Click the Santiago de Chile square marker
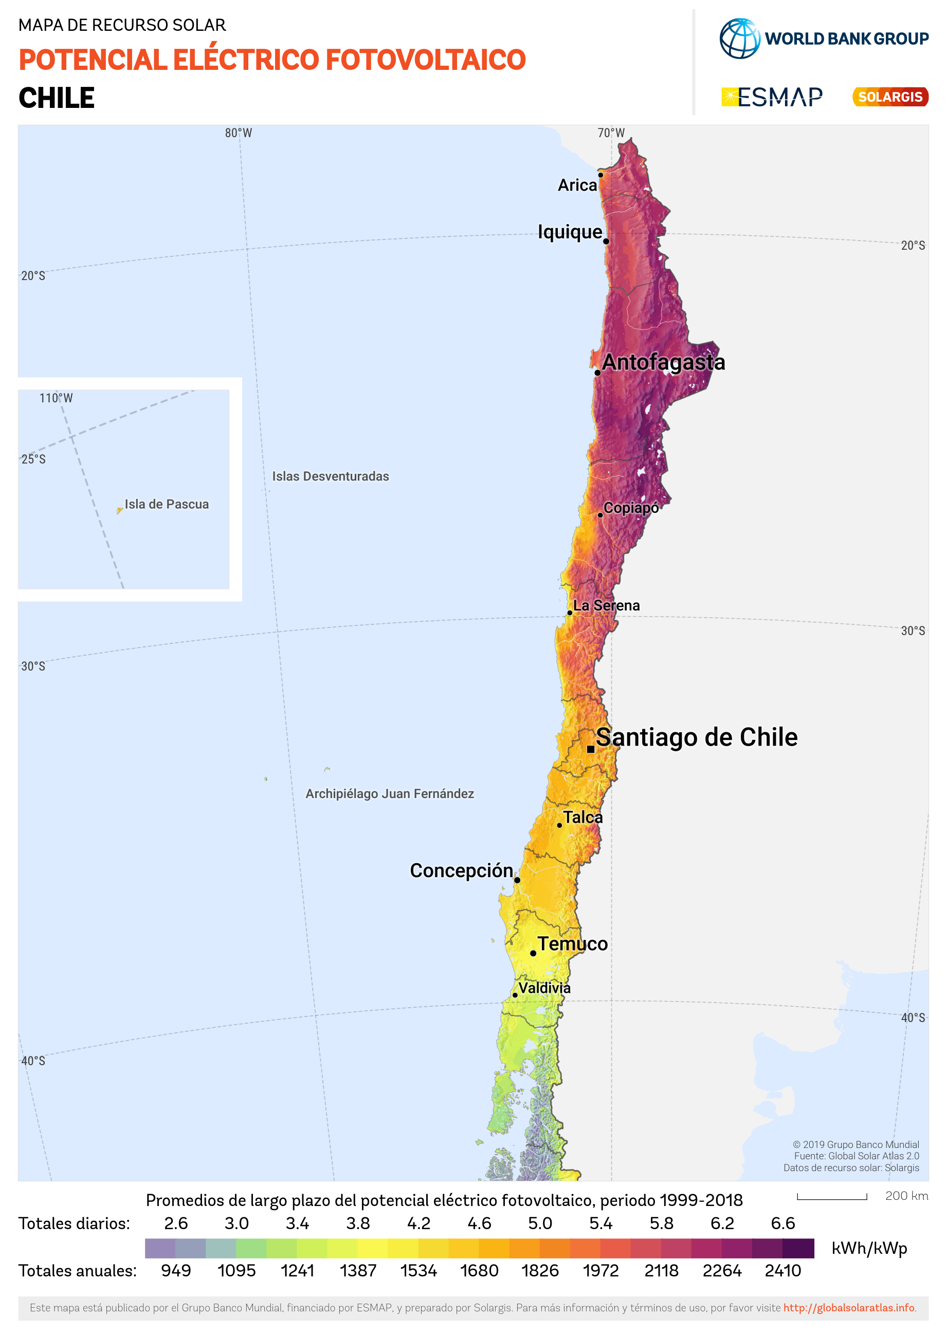pos(590,749)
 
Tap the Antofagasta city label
pos(664,362)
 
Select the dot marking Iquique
pos(606,241)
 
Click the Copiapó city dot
pos(600,515)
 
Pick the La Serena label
pos(607,605)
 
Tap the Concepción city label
pos(461,870)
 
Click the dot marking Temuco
pos(533,953)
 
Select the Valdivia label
pos(544,988)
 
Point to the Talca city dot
pos(559,825)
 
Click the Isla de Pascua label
pos(166,504)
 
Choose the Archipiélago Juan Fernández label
pos(390,794)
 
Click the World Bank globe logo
pos(739,39)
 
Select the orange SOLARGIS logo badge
pos(890,97)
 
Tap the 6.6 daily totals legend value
pos(782,1223)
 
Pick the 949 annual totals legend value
pos(175,1270)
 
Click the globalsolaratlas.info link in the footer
pos(848,1308)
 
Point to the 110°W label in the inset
pos(56,398)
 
